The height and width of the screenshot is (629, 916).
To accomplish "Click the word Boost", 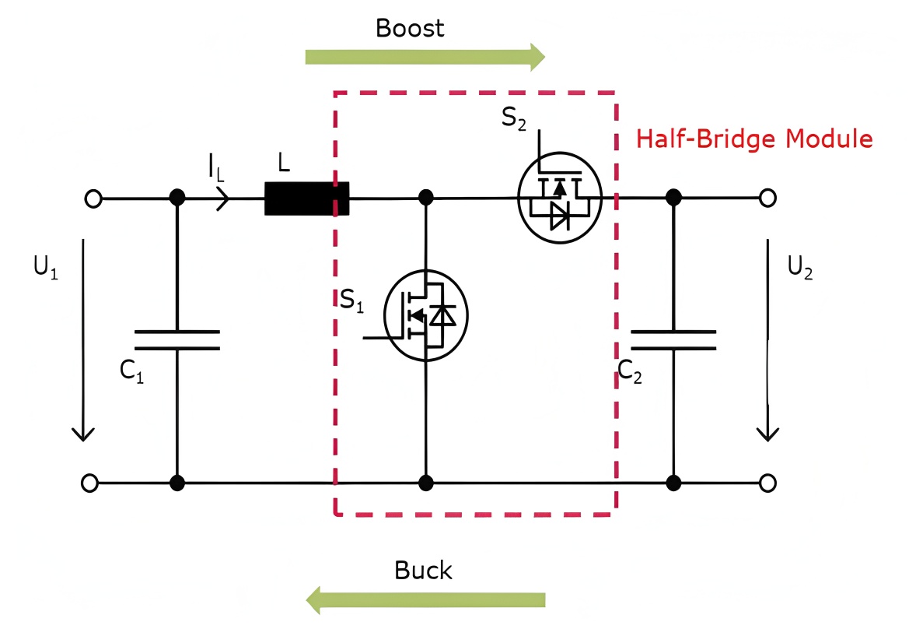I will (409, 29).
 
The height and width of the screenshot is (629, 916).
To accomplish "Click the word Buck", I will (423, 570).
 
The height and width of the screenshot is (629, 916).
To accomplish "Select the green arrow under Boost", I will (425, 56).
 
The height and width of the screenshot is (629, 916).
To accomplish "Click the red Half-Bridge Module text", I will (754, 139).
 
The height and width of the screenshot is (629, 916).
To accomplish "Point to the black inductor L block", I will (306, 199).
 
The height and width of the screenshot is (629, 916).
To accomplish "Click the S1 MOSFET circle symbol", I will (426, 315).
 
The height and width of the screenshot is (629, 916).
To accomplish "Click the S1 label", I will (351, 300).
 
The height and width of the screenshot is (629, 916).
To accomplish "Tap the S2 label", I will (514, 119).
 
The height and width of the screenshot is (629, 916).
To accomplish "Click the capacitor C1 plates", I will (177, 339).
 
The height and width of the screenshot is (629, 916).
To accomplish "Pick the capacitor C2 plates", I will (673, 339).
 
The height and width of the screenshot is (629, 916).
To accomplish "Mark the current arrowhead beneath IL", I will (223, 199).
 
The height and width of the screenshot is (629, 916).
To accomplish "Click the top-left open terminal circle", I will (93, 199).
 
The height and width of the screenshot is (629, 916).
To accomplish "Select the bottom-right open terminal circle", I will (767, 483).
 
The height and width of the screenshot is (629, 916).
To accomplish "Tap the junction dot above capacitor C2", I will (673, 198).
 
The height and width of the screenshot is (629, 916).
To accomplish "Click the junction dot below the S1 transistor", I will (425, 483).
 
